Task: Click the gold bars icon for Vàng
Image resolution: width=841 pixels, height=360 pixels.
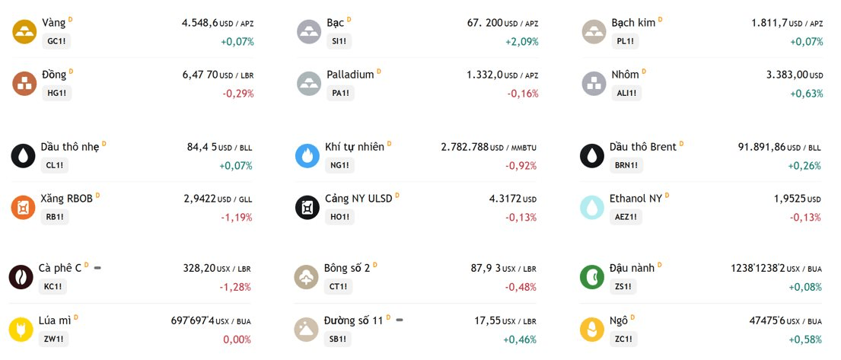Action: [24, 32]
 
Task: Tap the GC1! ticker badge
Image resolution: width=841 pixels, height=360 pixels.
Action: [56, 41]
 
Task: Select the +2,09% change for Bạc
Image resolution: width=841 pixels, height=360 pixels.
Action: [522, 42]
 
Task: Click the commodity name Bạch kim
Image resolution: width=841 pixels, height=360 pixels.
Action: [633, 23]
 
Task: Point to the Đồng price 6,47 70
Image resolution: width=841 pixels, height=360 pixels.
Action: [200, 75]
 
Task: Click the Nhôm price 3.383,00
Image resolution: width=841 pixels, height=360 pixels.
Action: [787, 75]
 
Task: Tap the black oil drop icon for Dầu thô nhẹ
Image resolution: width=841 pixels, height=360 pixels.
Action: [23, 155]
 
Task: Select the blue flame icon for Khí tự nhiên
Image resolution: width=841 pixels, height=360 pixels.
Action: [308, 155]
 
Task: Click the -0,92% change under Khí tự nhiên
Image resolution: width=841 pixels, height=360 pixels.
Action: [521, 166]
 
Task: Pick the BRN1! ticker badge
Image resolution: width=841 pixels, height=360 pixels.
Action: [626, 165]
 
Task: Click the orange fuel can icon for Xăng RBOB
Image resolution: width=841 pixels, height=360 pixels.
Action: [23, 208]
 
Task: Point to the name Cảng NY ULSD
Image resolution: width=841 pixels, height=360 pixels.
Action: [358, 199]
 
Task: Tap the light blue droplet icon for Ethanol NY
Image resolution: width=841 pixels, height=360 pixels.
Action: [592, 208]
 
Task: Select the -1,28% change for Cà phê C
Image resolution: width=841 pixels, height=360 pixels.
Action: [235, 287]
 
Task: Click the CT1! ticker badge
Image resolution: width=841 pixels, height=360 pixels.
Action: [339, 286]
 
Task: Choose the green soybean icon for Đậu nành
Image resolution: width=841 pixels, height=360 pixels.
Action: [592, 277]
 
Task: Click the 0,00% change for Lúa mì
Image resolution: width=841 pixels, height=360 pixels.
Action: [237, 339]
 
